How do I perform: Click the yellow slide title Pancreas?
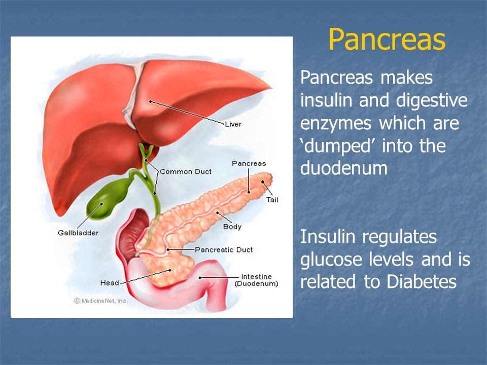(387, 40)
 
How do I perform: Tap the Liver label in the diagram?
(233, 124)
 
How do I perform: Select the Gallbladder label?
(78, 233)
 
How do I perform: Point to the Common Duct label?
(186, 172)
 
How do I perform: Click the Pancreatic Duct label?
(224, 250)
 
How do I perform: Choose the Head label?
(110, 283)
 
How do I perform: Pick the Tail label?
(272, 200)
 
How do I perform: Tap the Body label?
(232, 227)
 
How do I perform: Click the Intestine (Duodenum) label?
(256, 280)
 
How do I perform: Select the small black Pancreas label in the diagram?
(249, 164)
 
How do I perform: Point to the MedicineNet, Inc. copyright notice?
(100, 301)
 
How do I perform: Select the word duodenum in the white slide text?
(344, 168)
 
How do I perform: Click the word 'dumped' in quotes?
(337, 146)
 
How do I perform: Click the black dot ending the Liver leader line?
(150, 101)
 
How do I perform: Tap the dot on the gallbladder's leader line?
(101, 204)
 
